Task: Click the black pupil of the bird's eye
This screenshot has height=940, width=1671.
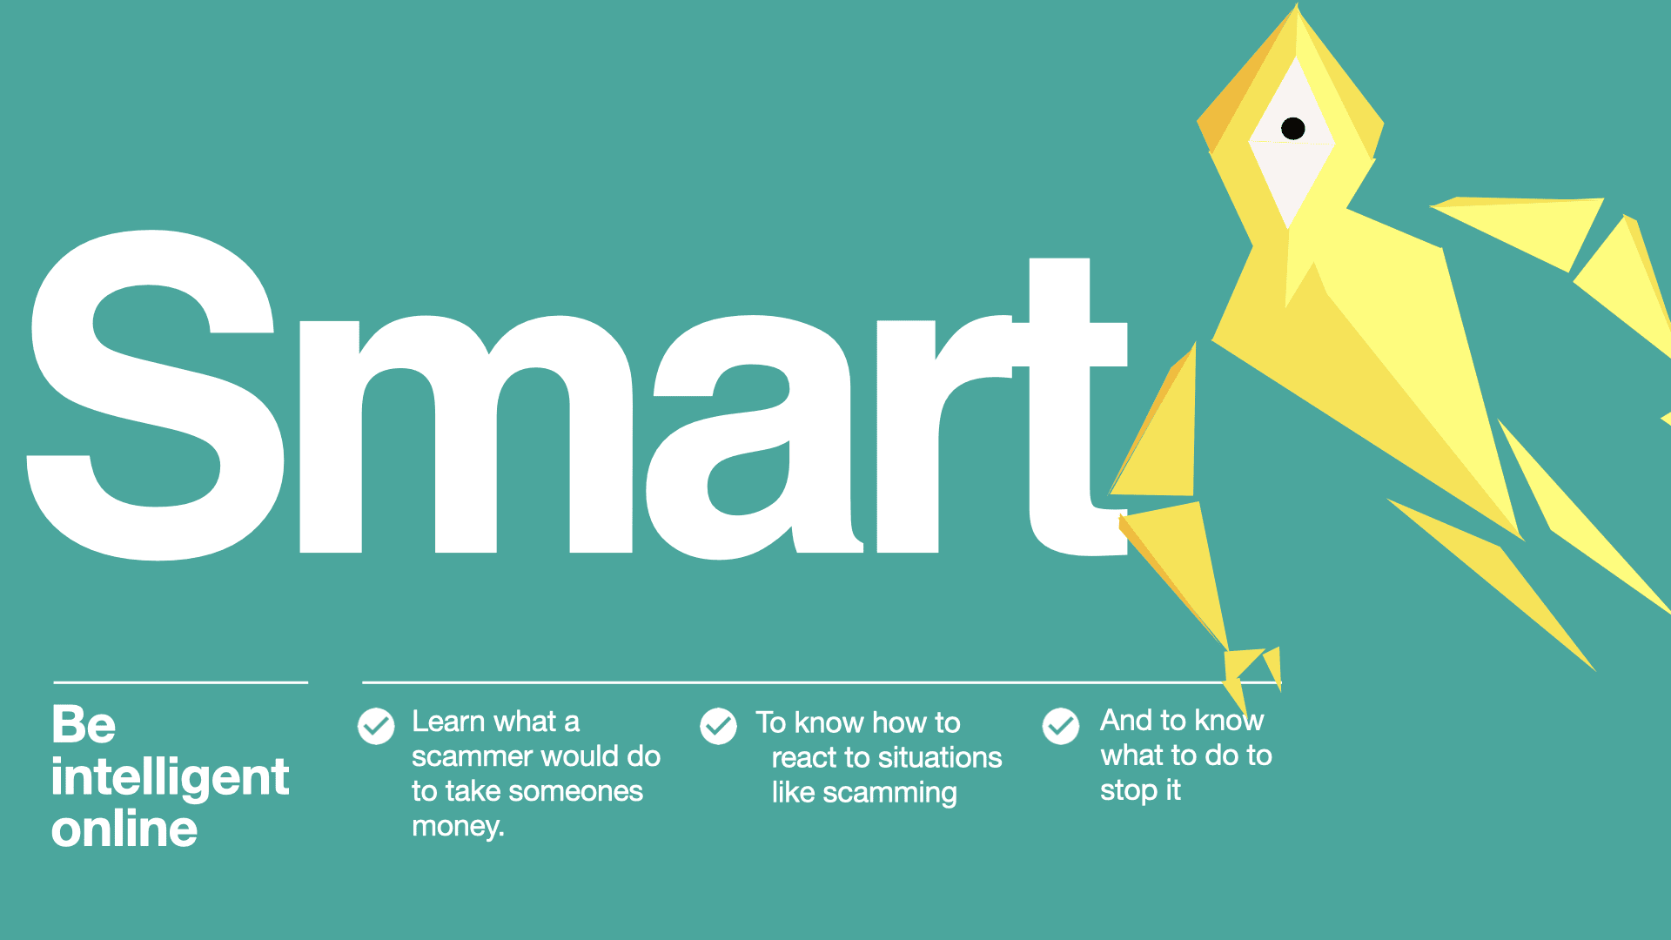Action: click(x=1293, y=129)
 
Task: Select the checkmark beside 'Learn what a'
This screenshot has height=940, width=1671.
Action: click(x=376, y=726)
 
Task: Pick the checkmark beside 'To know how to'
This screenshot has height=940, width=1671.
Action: click(x=719, y=726)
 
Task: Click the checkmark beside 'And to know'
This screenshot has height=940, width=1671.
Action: click(x=1061, y=726)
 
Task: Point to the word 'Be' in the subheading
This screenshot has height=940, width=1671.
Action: click(x=84, y=724)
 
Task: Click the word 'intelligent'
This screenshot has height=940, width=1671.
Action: click(x=170, y=776)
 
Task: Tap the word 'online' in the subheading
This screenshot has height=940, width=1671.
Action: click(x=124, y=829)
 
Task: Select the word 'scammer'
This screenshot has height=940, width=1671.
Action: click(x=470, y=757)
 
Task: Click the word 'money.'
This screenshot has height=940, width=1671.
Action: click(x=458, y=826)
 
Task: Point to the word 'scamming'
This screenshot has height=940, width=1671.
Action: click(x=889, y=793)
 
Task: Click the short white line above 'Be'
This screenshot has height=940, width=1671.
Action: click(x=181, y=682)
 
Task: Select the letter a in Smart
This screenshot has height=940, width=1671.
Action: click(x=754, y=437)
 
